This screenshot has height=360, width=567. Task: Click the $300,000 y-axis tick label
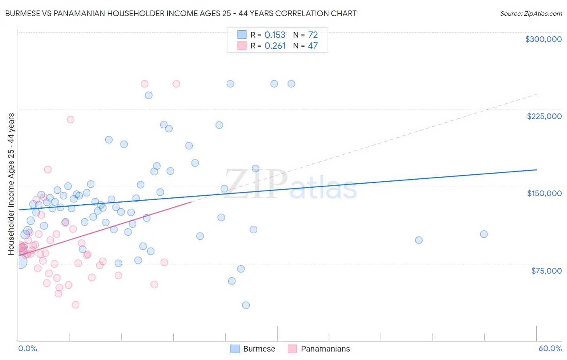(x=543, y=39)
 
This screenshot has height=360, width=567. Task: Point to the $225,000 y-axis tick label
(x=544, y=116)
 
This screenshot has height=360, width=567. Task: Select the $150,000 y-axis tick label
(x=544, y=193)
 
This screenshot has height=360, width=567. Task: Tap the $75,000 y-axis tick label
(x=546, y=271)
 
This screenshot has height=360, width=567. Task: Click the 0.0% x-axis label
(x=27, y=348)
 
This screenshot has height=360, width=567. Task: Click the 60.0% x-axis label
(x=550, y=348)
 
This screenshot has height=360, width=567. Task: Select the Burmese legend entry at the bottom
(x=253, y=349)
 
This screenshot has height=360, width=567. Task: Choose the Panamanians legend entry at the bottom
(x=319, y=349)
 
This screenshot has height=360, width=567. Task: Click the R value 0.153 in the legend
(x=275, y=35)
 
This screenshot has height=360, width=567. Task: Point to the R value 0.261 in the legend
(x=275, y=46)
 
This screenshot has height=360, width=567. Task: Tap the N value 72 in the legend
(x=313, y=35)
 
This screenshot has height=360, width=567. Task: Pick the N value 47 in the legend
(x=313, y=46)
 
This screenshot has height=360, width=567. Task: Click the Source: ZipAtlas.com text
(x=531, y=14)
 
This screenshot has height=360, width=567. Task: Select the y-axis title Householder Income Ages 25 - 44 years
(x=11, y=184)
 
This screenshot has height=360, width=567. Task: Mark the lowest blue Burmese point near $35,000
(x=246, y=305)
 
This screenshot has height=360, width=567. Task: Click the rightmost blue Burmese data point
(x=484, y=234)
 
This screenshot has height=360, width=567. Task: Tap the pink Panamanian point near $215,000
(x=71, y=119)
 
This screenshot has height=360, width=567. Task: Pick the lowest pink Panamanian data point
(x=75, y=305)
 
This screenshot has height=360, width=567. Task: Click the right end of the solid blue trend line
(x=536, y=170)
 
